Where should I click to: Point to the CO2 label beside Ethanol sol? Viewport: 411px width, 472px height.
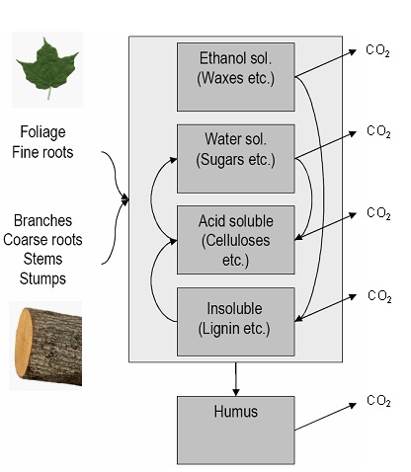click(377, 50)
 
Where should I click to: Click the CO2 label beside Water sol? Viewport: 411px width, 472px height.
click(377, 131)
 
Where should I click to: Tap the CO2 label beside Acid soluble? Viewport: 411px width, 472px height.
click(377, 213)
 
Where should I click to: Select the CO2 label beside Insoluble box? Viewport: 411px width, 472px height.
click(378, 296)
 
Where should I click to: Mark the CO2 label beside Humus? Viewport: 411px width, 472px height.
click(377, 401)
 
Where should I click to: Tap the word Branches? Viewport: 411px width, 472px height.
click(45, 221)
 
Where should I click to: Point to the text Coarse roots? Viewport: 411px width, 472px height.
click(49, 240)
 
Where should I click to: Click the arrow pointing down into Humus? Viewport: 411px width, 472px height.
click(236, 378)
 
